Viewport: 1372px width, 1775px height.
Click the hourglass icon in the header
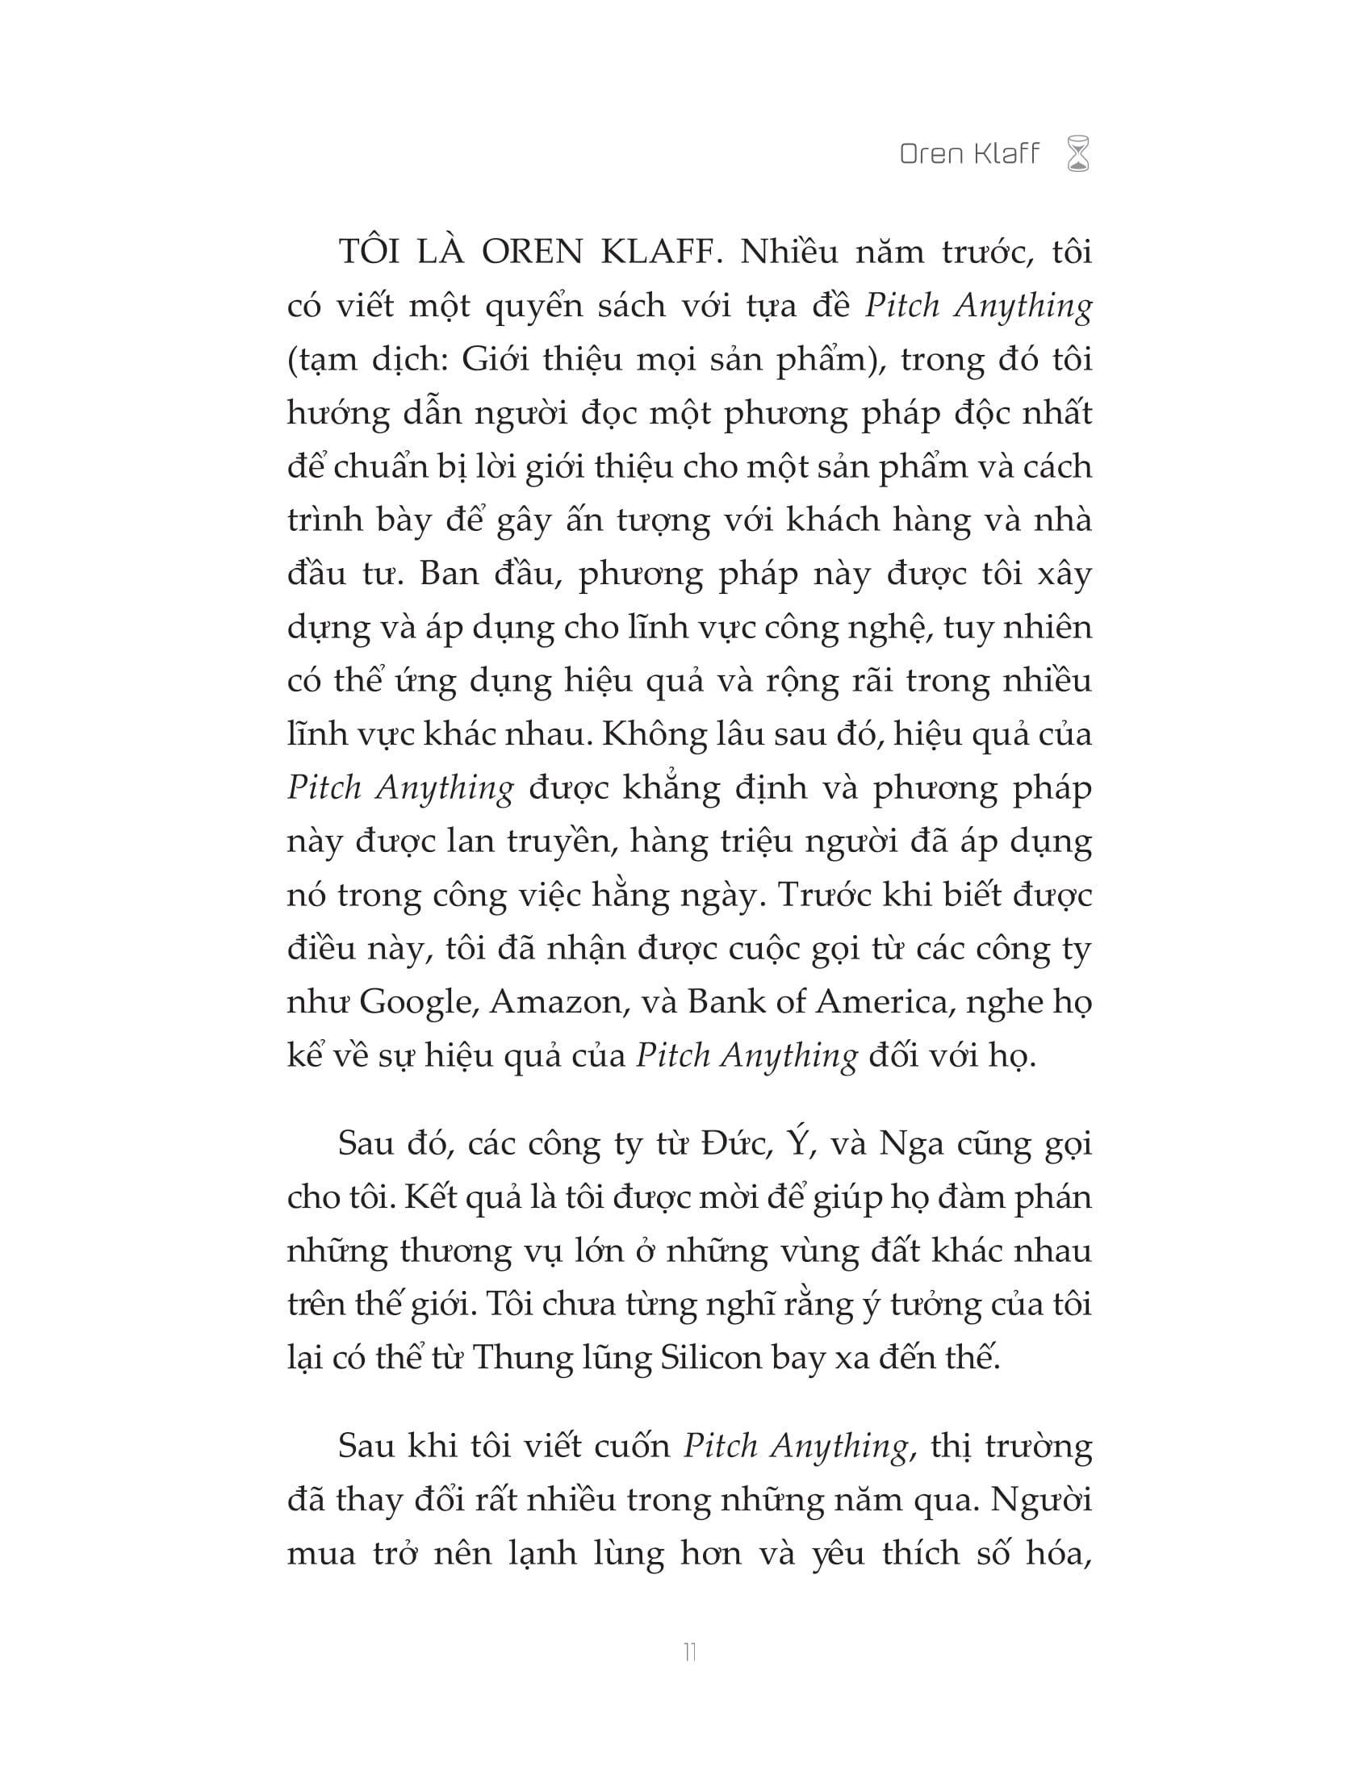pos(1077,154)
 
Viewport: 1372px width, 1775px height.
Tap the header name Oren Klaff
pos(968,153)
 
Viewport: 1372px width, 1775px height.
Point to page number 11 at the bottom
pos(690,1652)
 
